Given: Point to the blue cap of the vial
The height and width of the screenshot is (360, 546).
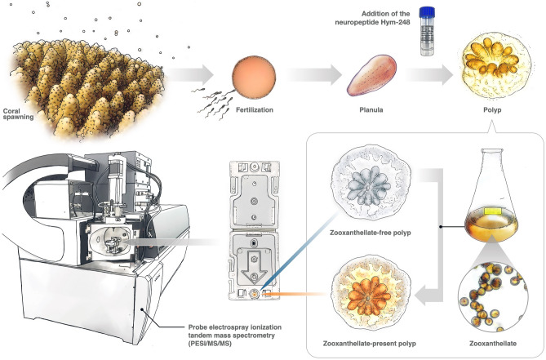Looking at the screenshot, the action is tap(424, 12).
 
